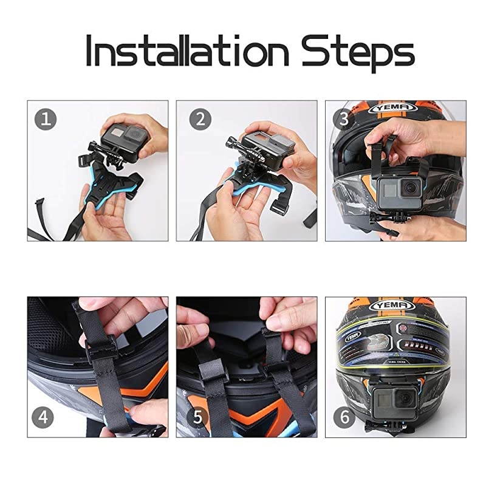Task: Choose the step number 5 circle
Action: [200, 417]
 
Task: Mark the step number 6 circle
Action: [344, 417]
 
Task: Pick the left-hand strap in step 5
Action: [216, 389]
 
